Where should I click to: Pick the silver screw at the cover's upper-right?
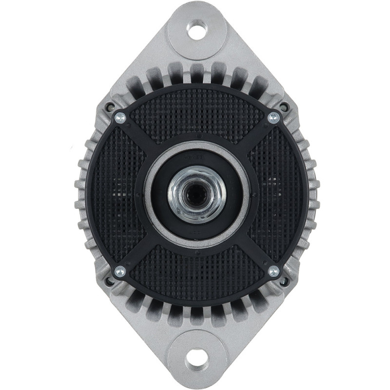coord(274,117)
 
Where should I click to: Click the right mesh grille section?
coord(279,195)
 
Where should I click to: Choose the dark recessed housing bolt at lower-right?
coord(283,281)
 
